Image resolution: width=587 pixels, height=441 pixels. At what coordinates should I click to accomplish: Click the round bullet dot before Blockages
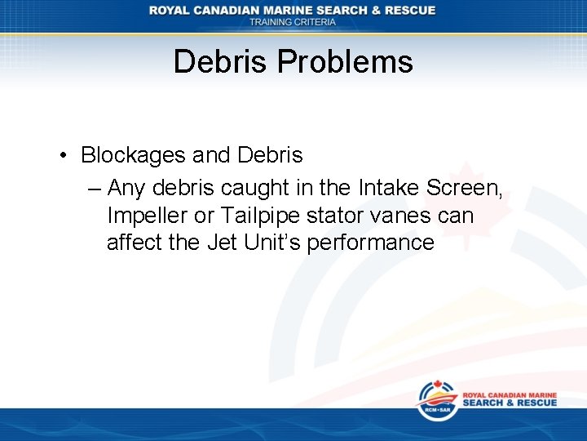[64, 156]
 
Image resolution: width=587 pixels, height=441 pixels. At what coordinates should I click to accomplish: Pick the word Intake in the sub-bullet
[388, 189]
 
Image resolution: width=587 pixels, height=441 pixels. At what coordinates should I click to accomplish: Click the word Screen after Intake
[464, 189]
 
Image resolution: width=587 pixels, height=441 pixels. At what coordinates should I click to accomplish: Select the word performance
[371, 243]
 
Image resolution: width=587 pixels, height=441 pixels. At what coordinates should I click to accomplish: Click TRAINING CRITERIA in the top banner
[293, 22]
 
